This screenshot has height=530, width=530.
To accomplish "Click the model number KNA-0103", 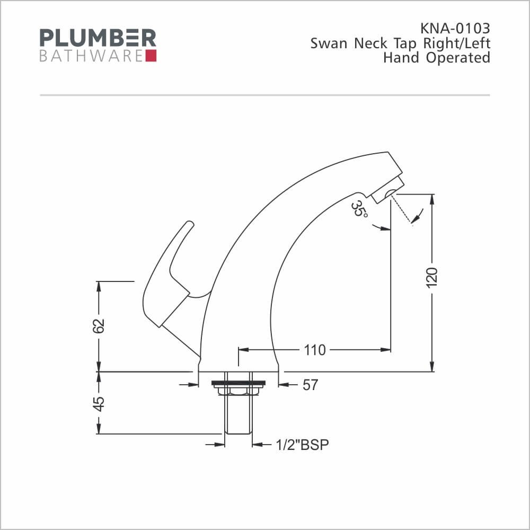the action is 455,29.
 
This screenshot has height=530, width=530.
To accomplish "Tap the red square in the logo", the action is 151,56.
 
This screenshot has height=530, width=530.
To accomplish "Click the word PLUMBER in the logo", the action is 98,38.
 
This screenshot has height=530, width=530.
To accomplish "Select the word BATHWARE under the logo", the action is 91,56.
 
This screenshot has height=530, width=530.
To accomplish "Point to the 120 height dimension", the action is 432,278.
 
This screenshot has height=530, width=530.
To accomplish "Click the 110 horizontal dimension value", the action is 315,350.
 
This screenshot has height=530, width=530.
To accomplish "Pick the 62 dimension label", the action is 99,326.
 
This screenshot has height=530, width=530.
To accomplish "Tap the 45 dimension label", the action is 99,404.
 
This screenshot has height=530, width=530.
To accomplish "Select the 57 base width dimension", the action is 310,385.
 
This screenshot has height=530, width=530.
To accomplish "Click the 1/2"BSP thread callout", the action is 302,445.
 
